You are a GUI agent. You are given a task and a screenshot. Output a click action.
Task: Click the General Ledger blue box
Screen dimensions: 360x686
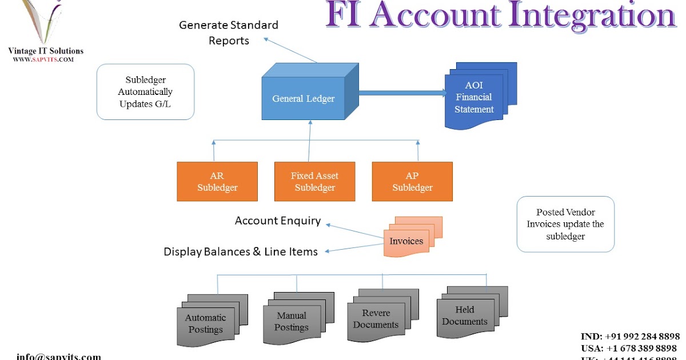(x=303, y=98)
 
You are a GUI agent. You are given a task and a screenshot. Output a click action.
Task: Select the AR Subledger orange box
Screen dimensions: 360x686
(x=217, y=182)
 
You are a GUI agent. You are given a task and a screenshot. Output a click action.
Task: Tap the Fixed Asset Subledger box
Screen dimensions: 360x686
(x=314, y=182)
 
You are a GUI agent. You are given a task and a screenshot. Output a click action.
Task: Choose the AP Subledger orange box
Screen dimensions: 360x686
(x=412, y=182)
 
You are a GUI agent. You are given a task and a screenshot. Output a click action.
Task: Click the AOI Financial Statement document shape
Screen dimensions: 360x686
(x=474, y=98)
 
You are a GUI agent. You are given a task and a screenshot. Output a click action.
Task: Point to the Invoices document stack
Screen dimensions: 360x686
(x=406, y=241)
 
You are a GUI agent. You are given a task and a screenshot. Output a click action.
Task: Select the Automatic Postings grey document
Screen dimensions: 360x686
(x=206, y=323)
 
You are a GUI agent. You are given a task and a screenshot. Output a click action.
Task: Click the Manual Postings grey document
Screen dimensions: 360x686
(x=292, y=321)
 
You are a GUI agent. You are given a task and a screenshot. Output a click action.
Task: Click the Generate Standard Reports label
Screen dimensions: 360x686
(x=229, y=33)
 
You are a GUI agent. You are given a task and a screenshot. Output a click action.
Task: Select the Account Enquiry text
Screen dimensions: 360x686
(x=278, y=221)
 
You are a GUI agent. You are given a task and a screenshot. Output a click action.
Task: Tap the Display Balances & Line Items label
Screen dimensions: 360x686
(x=241, y=252)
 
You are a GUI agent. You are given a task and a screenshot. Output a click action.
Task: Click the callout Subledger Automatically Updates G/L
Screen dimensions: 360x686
(x=145, y=91)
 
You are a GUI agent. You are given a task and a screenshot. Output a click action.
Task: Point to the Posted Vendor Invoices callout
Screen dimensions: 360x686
(x=565, y=224)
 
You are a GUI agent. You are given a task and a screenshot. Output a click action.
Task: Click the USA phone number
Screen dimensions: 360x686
(x=629, y=348)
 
